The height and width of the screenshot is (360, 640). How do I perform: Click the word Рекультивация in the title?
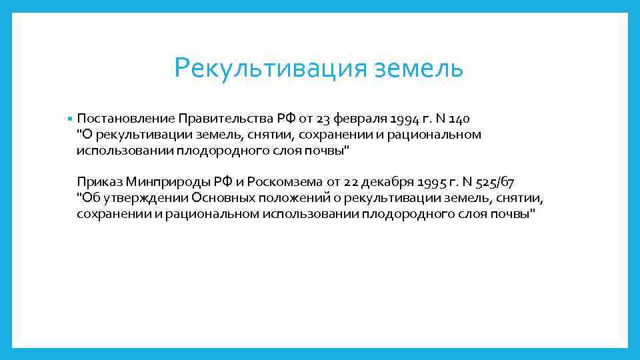pos(266,68)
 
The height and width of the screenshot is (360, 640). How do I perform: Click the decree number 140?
pos(459,119)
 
